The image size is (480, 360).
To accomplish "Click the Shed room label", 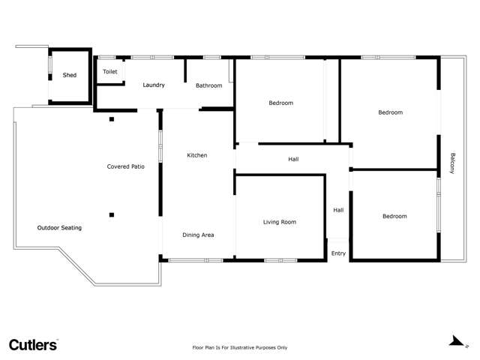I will [x=69, y=75].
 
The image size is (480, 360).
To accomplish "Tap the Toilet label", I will [x=110, y=71].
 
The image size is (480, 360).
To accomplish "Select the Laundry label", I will [x=154, y=85].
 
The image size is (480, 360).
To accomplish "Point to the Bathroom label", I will [x=208, y=85].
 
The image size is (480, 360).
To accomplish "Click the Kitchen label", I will [x=197, y=155].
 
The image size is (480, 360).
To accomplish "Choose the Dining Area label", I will [x=198, y=235].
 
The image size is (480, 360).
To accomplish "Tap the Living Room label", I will [x=279, y=222].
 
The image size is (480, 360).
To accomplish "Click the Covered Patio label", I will [x=125, y=166].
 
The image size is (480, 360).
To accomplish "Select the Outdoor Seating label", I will [x=59, y=227].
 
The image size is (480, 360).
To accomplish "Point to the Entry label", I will [x=338, y=253].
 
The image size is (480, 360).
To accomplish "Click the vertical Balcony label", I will [x=452, y=163].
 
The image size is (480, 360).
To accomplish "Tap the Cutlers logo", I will [x=33, y=345].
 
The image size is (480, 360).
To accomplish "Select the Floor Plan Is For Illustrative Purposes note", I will [x=240, y=347].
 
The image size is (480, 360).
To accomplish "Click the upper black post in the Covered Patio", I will [x=111, y=119].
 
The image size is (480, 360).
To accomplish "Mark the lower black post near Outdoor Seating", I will [x=111, y=215].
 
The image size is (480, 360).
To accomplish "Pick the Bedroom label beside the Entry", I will [x=394, y=216].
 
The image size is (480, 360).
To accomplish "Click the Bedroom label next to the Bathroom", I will [x=280, y=103].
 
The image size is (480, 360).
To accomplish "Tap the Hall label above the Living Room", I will [x=293, y=159].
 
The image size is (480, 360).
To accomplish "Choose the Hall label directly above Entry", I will [x=338, y=210].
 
